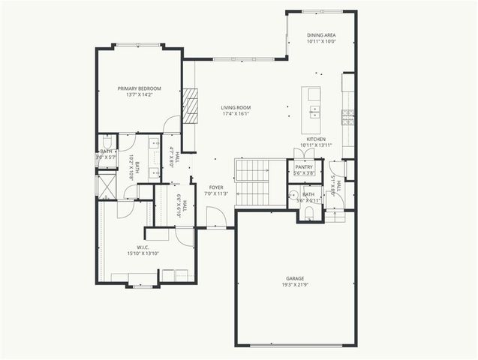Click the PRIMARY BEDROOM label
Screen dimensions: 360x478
[x=139, y=89]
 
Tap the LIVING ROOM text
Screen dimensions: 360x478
[x=236, y=108]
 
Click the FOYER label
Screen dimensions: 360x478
[x=216, y=187]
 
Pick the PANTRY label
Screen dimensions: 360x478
[x=303, y=167]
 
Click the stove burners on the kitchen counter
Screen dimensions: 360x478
[x=348, y=116]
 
